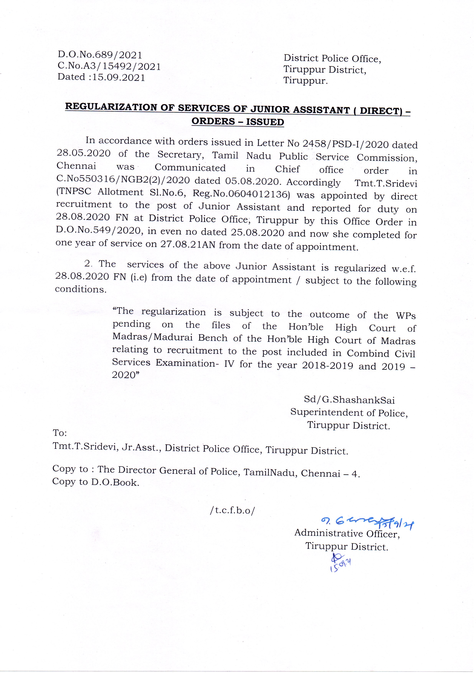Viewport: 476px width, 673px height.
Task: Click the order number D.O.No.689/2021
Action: (x=100, y=55)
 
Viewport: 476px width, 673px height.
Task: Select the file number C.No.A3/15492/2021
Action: (x=109, y=66)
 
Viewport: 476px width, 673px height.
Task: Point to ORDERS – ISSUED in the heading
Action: (x=238, y=121)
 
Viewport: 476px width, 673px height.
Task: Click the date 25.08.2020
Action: (x=257, y=233)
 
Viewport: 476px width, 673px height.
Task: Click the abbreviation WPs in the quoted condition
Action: (x=406, y=316)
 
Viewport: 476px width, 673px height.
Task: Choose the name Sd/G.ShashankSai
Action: (x=349, y=400)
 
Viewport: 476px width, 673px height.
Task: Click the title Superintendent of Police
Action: (x=349, y=413)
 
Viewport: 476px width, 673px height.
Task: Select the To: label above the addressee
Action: (x=60, y=433)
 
